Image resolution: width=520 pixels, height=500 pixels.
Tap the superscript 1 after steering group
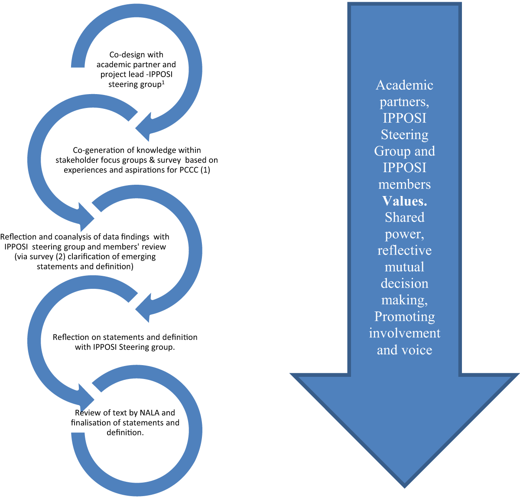coord(163,82)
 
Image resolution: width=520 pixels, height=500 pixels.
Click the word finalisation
coord(92,422)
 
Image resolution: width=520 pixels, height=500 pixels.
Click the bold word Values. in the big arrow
coord(404,201)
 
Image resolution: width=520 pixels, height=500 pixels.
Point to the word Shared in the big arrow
coord(404,217)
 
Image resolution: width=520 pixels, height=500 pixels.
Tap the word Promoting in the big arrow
coord(404,317)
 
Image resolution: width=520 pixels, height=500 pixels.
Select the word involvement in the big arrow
coord(404,333)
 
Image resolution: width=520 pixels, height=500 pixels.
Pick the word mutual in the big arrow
coord(404,267)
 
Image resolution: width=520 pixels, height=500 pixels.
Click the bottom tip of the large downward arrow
coord(404,485)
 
